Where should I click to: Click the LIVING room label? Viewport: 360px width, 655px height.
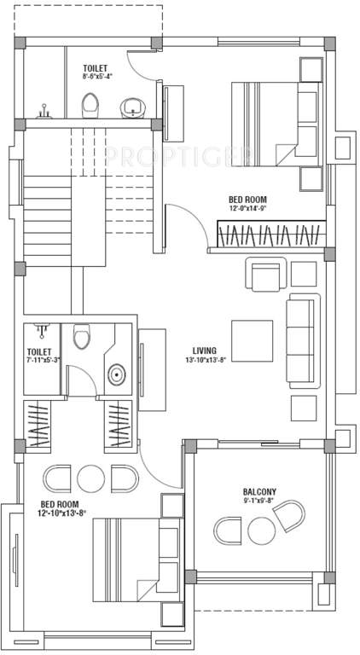pyautogui.click(x=204, y=350)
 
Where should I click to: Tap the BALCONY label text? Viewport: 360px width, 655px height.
pyautogui.click(x=258, y=492)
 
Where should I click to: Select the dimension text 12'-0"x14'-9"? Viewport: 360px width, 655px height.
pyautogui.click(x=247, y=208)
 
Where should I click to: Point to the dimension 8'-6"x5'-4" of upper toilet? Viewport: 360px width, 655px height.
pyautogui.click(x=97, y=76)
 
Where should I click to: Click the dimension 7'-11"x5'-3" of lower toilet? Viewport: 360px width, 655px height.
pyautogui.click(x=40, y=361)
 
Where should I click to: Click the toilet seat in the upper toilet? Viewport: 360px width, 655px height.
pyautogui.click(x=90, y=106)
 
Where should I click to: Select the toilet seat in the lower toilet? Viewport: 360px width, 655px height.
pyautogui.click(x=82, y=339)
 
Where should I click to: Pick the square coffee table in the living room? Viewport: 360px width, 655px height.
pyautogui.click(x=252, y=339)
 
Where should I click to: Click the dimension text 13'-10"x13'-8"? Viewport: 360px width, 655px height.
pyautogui.click(x=204, y=361)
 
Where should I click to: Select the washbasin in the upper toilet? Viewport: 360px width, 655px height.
pyautogui.click(x=132, y=107)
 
